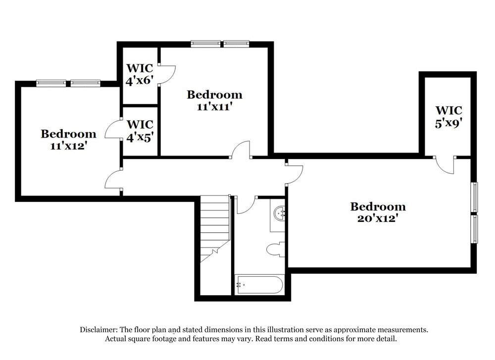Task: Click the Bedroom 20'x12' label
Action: point(378,212)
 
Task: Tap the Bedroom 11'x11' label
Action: point(214,100)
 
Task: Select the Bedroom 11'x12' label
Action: point(68,139)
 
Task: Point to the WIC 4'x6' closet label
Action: point(140,74)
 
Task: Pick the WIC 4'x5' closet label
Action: point(140,131)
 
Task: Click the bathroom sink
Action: point(280,213)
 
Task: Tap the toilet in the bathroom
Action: point(275,249)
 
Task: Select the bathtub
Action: point(259,285)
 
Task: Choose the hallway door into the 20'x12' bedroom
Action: point(294,171)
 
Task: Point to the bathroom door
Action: point(246,205)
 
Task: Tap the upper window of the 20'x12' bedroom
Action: point(474,197)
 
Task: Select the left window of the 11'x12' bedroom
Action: point(51,83)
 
